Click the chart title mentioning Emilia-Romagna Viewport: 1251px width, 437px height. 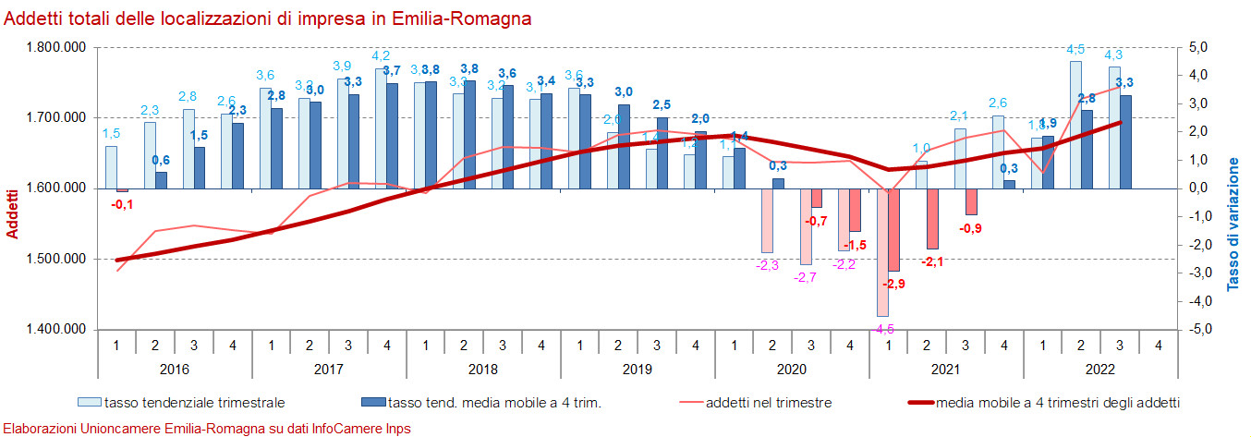(268, 18)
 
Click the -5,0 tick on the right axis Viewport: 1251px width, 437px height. (1198, 330)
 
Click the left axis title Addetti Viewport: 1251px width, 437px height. (12, 213)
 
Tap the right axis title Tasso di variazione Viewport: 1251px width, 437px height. (1233, 225)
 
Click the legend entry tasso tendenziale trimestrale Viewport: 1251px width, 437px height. (193, 402)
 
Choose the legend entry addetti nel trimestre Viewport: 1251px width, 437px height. (768, 402)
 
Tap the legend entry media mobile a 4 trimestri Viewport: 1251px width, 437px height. (1057, 402)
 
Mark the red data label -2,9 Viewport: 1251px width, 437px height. (893, 284)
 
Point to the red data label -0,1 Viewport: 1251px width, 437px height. (121, 204)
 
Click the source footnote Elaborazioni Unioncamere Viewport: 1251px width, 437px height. (208, 429)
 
